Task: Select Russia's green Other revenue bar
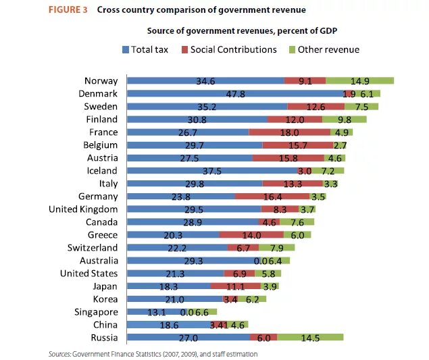310,338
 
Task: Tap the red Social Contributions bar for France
289,132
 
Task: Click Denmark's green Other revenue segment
369,94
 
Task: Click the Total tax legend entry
145,49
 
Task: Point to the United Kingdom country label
83,209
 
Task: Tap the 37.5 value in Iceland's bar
211,171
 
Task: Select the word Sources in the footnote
59,353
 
